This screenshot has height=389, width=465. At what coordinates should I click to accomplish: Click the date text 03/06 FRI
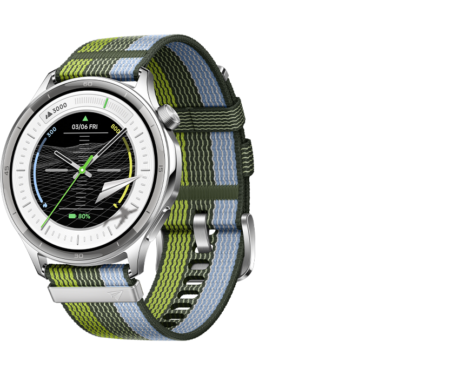(x=85, y=128)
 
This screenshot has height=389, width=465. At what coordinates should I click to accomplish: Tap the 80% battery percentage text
(x=84, y=216)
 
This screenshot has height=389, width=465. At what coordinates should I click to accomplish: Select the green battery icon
(x=72, y=216)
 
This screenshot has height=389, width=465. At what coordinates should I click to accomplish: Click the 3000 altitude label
(x=56, y=106)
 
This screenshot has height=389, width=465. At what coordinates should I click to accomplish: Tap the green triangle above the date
(x=85, y=118)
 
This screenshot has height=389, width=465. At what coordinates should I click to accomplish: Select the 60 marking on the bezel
(x=88, y=84)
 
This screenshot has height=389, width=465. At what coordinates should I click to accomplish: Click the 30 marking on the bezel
(x=79, y=256)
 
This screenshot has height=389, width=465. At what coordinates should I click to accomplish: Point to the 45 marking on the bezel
(x=6, y=169)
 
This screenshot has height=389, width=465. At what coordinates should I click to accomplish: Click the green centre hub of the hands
(x=82, y=170)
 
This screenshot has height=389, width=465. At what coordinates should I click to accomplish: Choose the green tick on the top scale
(x=106, y=103)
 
